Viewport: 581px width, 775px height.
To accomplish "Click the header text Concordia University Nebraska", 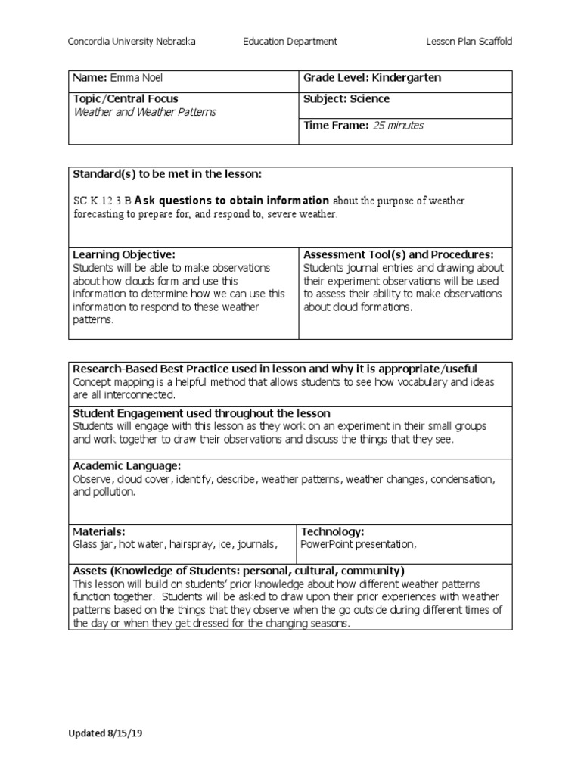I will coord(132,42).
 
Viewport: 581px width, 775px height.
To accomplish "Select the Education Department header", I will coord(290,42).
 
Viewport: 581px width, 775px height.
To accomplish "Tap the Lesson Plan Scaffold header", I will coord(470,42).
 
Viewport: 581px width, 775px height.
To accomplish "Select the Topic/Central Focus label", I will coord(126,98).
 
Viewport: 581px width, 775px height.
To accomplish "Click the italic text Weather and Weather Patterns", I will coord(144,112).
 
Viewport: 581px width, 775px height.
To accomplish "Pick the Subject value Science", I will coord(369,98).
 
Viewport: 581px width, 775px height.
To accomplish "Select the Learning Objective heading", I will coord(124,254).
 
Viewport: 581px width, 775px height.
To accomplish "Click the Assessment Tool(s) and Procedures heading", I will coord(399,254).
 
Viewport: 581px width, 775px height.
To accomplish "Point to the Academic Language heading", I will coord(127,466).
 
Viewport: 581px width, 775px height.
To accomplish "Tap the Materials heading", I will coord(99,532).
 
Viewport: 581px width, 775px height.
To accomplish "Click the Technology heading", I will coord(333,532).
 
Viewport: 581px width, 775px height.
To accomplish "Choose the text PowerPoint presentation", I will coord(359,544).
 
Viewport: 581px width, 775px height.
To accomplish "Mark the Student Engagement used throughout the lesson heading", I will coord(201,413).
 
